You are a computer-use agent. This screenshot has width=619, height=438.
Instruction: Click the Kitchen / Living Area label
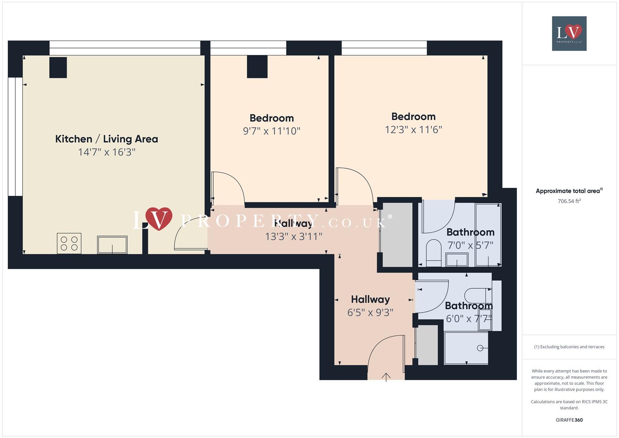point(106,139)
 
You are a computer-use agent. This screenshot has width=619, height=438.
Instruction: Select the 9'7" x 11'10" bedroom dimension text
point(271,131)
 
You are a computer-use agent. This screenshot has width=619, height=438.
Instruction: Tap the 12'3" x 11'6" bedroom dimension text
point(413,129)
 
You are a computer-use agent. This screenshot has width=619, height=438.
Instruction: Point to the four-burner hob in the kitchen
point(69,243)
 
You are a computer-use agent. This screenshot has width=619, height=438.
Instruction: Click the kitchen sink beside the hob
point(112,245)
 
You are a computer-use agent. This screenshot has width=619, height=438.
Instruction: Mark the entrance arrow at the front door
point(386,377)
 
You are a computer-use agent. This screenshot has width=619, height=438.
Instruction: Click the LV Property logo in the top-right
point(569,33)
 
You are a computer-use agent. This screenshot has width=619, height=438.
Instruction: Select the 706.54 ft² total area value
point(569,201)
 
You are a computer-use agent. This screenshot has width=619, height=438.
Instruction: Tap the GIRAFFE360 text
point(569,420)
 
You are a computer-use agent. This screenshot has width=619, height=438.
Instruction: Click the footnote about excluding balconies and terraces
point(569,347)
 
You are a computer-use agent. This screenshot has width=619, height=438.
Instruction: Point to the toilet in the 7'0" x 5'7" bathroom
point(433,252)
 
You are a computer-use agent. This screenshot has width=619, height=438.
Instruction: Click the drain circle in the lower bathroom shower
point(480,348)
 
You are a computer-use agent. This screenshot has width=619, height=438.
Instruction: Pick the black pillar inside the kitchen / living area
point(58,67)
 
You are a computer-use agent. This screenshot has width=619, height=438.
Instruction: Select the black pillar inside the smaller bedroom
point(257,67)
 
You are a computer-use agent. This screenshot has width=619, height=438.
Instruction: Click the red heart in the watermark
point(159,219)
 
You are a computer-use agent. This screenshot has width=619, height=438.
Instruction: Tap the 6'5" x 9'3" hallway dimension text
point(370,312)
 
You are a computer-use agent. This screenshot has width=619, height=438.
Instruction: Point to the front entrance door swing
point(385,353)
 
